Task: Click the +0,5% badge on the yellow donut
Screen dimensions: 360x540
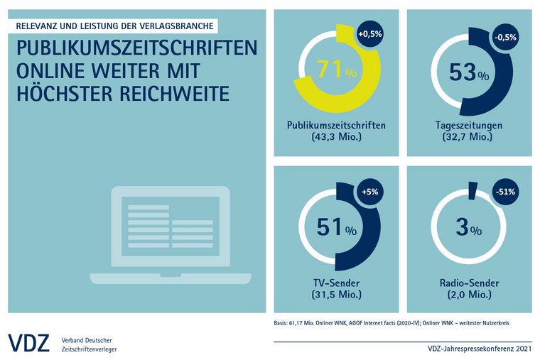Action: (369, 34)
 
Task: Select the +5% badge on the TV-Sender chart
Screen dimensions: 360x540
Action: (369, 192)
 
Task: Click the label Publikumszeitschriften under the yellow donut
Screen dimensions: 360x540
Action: (336, 126)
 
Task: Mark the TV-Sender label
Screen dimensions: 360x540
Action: (336, 283)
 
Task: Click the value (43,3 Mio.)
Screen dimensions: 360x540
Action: (336, 138)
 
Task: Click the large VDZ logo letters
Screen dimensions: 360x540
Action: (28, 342)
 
